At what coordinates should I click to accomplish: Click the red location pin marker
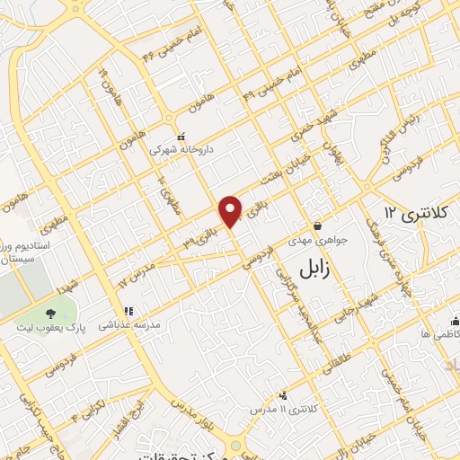click(232, 210)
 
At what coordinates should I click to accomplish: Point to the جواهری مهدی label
click(317, 242)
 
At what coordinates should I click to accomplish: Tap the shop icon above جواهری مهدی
click(317, 226)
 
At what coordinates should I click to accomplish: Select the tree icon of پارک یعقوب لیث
click(50, 314)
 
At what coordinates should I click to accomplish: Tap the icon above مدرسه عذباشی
click(128, 311)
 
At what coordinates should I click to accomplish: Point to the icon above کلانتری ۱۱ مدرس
click(285, 394)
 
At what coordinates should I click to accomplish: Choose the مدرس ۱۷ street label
click(137, 270)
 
